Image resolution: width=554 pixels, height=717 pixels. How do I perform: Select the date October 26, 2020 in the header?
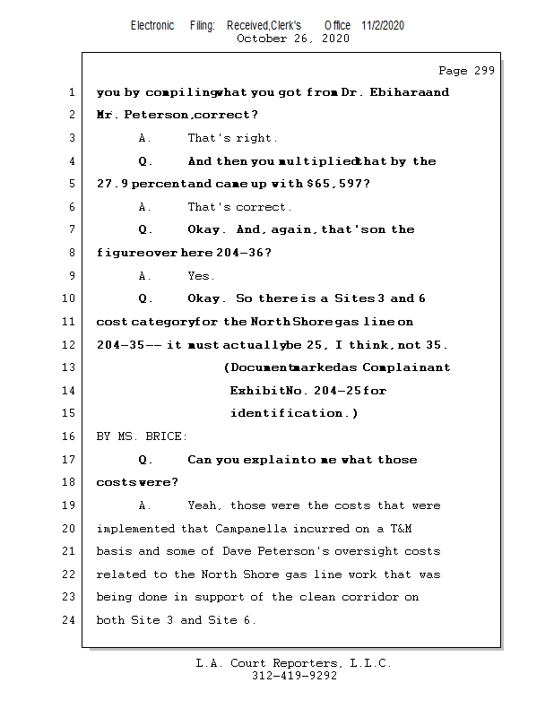point(292,39)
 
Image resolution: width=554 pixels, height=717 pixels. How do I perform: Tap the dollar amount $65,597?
point(336,184)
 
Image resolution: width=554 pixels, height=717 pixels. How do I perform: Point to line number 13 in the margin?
point(71,367)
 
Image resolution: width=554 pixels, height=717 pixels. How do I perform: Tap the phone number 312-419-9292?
point(294,677)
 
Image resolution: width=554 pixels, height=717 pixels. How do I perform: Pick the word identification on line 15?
point(288,413)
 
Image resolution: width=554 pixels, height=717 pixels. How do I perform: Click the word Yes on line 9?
point(201,276)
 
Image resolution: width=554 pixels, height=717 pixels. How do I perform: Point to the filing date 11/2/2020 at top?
point(383,25)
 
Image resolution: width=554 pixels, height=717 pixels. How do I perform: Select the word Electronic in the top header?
point(152,25)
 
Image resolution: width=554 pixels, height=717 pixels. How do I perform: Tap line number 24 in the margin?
point(71,620)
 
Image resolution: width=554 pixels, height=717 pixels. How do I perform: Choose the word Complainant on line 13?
point(405,367)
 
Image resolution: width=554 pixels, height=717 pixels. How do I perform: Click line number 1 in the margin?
point(71,92)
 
